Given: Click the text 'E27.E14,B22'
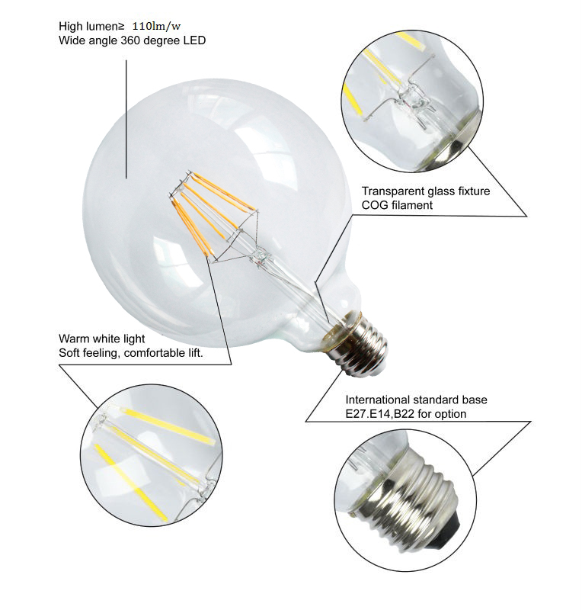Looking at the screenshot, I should click(x=379, y=413).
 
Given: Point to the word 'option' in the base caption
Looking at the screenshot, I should click(x=449, y=413).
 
